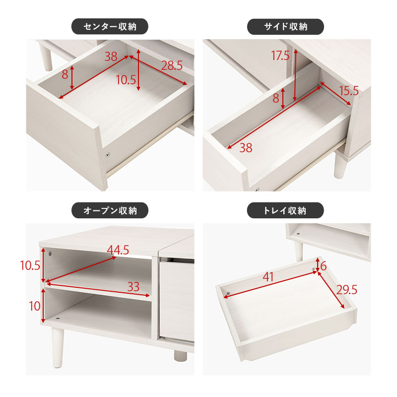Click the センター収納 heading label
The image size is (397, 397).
(x=110, y=26)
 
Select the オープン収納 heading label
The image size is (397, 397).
(x=110, y=211)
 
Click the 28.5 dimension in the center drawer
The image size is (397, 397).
(x=172, y=65)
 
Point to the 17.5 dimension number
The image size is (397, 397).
(x=280, y=56)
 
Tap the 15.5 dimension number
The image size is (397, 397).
(x=348, y=91)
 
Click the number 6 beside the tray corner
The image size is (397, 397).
(x=323, y=266)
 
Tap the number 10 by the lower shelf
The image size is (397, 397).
(x=35, y=306)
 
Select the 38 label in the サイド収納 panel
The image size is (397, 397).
(x=246, y=147)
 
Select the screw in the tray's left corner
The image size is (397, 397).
(x=227, y=294)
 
